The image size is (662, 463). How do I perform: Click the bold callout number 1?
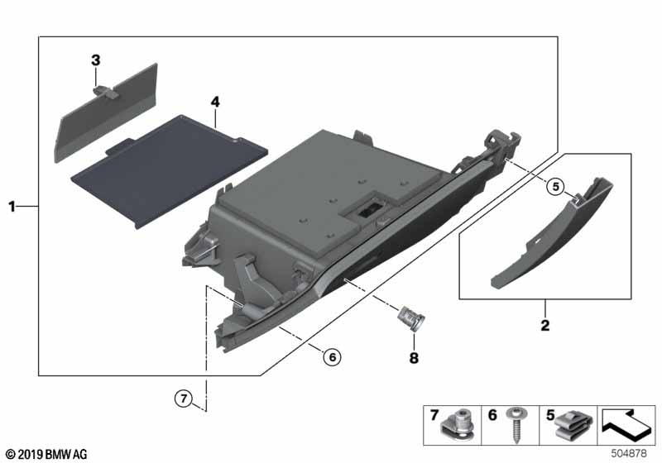pos(12,207)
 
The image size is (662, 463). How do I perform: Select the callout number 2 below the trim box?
pos(545,325)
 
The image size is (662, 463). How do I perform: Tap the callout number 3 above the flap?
pos(96,60)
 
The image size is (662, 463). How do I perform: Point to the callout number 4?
pos(215,102)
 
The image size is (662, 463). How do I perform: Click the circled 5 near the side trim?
pos(555,186)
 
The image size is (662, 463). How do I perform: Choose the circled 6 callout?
pos(333,357)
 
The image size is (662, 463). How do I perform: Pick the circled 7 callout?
pos(184,398)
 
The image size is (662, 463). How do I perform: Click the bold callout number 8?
pos(414,358)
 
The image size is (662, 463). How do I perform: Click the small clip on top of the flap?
pos(106,92)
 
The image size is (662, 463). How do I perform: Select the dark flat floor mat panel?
pos(169,171)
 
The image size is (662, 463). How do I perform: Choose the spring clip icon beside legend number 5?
pos(573,427)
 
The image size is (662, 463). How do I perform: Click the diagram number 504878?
pos(629,453)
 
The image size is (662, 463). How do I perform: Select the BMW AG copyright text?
pos(46,455)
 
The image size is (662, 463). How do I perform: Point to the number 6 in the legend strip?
pos(492,415)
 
